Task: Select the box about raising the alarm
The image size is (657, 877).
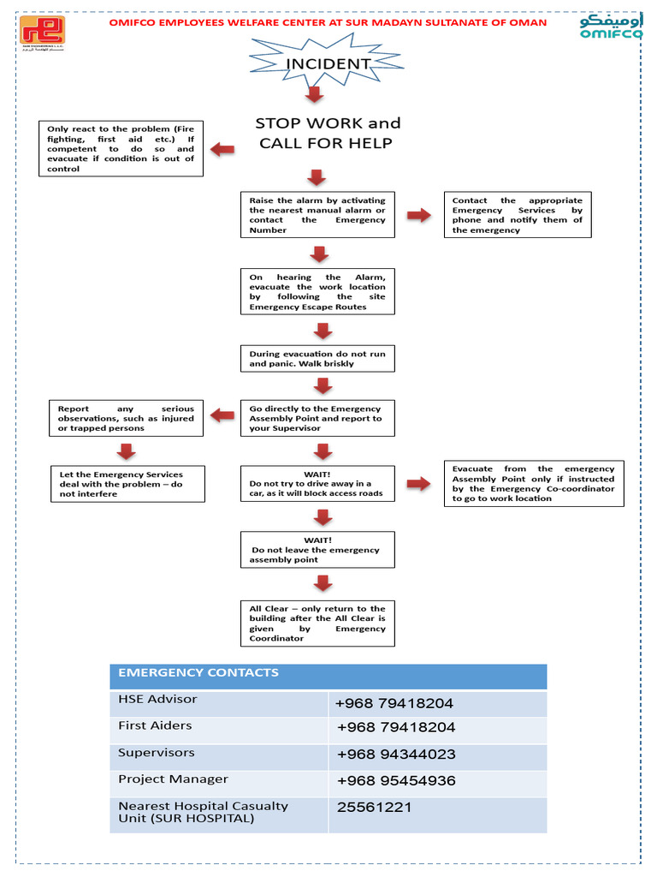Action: point(317,215)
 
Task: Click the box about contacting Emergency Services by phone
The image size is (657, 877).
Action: point(518,215)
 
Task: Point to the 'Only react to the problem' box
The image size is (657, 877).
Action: point(121,149)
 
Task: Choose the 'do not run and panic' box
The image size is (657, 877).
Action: point(317,359)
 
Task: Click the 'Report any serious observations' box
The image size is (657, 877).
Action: point(126,419)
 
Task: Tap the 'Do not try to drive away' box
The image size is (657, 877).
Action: point(317,484)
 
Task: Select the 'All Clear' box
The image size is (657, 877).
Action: point(317,623)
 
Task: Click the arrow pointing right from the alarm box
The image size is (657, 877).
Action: point(419,215)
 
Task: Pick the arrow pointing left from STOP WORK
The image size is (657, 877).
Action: point(222,150)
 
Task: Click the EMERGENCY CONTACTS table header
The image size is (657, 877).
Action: point(328,676)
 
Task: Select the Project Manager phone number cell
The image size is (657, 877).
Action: point(436,782)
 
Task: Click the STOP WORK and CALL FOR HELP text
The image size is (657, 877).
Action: point(327,134)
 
